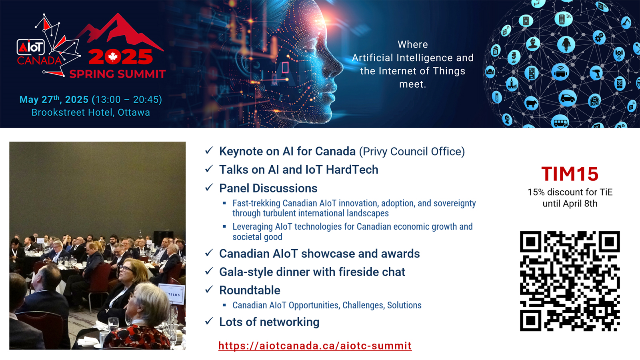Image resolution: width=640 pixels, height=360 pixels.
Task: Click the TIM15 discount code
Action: [570, 174]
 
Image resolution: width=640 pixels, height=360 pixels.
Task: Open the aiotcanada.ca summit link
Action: [315, 346]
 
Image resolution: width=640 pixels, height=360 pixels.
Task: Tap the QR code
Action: [570, 281]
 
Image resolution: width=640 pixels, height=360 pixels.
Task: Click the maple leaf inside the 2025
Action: [113, 57]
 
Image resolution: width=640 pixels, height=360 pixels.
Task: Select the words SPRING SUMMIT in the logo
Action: [118, 74]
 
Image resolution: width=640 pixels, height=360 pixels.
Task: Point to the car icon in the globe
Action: [567, 98]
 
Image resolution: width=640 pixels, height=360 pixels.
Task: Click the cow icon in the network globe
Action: [532, 103]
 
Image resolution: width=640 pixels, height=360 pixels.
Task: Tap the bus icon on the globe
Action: [560, 122]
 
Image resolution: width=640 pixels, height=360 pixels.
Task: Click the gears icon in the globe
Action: [599, 37]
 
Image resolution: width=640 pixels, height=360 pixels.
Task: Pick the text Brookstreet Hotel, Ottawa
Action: [90, 112]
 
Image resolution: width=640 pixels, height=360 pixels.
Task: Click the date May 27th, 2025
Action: [54, 100]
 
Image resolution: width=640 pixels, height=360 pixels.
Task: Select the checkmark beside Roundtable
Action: [209, 290]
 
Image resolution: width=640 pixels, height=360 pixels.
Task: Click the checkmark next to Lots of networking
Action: [209, 321]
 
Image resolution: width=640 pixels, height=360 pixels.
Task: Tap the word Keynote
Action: [241, 152]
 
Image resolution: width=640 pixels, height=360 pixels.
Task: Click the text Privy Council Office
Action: [412, 152]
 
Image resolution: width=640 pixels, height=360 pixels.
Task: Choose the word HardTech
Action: [352, 170]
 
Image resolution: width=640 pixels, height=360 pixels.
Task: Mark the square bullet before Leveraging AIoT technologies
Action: [224, 226]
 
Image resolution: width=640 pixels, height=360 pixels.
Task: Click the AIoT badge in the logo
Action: [30, 47]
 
